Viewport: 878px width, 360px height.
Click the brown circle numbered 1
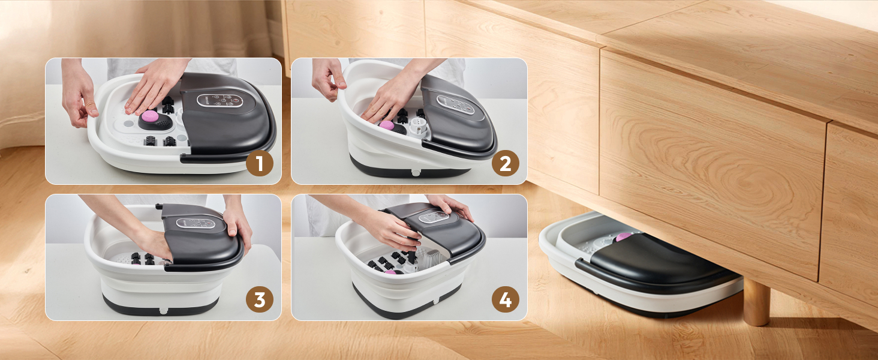(x=260, y=163)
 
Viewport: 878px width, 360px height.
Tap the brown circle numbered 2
(x=505, y=163)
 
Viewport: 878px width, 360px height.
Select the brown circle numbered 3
(x=260, y=299)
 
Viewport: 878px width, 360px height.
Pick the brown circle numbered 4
(x=505, y=299)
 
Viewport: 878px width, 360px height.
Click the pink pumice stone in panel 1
(x=150, y=116)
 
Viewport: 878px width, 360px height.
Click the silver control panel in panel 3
(x=196, y=223)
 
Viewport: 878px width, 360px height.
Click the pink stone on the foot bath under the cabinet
(x=624, y=236)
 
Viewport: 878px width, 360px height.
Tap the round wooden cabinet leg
(x=756, y=301)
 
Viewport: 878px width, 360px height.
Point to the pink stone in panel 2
(x=387, y=125)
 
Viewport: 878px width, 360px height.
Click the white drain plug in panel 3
(x=164, y=311)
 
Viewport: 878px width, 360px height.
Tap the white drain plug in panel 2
(x=416, y=173)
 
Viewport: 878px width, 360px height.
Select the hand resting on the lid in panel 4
(x=451, y=206)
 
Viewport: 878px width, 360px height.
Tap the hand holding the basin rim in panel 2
(x=329, y=79)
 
